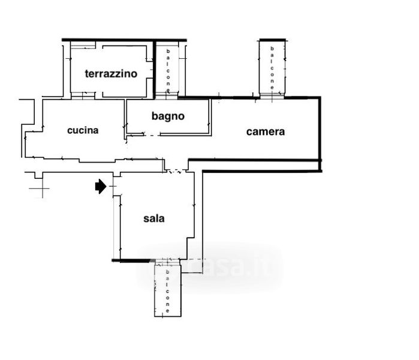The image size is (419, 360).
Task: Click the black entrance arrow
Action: [x=101, y=187]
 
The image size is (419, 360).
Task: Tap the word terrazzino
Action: [x=111, y=74]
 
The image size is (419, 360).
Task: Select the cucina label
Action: [x=83, y=130]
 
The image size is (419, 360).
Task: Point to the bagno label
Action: [x=168, y=116]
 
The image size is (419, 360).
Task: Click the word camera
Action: [x=266, y=131]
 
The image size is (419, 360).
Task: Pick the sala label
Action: [x=154, y=218]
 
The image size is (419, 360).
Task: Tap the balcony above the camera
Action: [x=272, y=67]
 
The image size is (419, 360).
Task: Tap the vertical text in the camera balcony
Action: [x=272, y=67]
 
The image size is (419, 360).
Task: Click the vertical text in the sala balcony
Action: [x=168, y=291]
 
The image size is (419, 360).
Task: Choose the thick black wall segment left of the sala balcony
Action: [x=132, y=260]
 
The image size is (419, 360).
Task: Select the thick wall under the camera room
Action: [x=255, y=160]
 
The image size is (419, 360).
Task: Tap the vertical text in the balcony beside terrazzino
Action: [x=169, y=71]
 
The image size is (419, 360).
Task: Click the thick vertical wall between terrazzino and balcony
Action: [x=155, y=69]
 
